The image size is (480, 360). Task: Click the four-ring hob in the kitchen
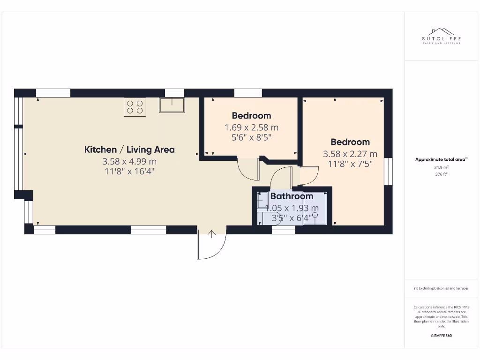(x=135, y=107)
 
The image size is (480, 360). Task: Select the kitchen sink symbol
(x=172, y=105)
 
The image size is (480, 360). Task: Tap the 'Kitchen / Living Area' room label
(x=129, y=150)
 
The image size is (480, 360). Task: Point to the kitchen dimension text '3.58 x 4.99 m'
(x=129, y=161)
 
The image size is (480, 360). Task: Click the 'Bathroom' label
(x=292, y=196)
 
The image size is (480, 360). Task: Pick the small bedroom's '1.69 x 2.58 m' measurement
(x=251, y=127)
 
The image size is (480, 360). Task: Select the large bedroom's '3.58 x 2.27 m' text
(x=350, y=154)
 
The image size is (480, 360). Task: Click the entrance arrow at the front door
(x=211, y=233)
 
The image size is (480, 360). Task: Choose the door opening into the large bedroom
(x=309, y=176)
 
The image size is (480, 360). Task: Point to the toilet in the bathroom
(x=262, y=201)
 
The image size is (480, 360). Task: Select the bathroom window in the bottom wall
(x=283, y=230)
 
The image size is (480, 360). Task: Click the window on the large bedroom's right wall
(x=388, y=172)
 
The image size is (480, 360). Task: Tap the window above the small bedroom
(x=248, y=93)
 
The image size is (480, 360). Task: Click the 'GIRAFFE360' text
(x=441, y=336)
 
